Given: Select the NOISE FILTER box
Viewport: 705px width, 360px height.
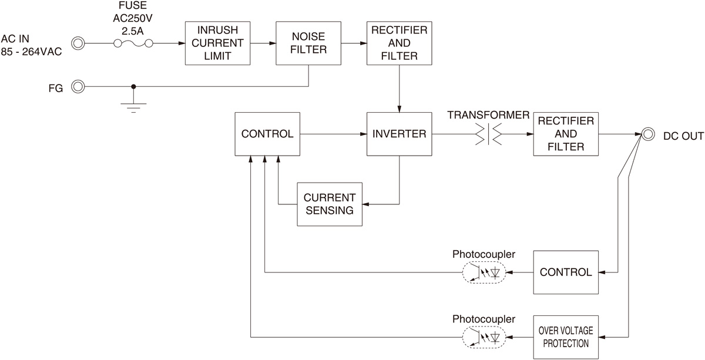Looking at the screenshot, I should coord(309,43).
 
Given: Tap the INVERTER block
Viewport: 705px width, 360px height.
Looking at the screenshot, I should coord(399,134).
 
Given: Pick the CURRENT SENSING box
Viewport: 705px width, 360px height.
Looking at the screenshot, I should coord(330,204).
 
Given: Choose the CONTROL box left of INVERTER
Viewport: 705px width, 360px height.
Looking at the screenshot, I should coord(267,134).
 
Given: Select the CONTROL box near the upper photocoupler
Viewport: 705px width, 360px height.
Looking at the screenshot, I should coord(566,272).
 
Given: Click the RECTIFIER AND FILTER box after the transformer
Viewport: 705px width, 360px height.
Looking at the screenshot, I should coord(565,134).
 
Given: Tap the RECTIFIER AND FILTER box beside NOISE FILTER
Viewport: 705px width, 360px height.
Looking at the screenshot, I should coord(399,43).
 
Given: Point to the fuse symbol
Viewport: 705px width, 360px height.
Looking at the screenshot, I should coord(133,43).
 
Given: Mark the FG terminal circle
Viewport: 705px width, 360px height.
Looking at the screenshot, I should coord(78,87).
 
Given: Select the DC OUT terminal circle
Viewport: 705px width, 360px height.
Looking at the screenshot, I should coord(647,134).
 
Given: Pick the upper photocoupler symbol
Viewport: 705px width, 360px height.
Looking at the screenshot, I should coord(484,272).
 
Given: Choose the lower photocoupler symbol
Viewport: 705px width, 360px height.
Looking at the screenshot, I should coord(484,337).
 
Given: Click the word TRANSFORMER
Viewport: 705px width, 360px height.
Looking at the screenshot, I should coord(487,115).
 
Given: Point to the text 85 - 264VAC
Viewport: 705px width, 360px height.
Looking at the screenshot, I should coord(32,52).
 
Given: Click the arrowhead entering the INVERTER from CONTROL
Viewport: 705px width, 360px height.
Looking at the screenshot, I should coord(363,134).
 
